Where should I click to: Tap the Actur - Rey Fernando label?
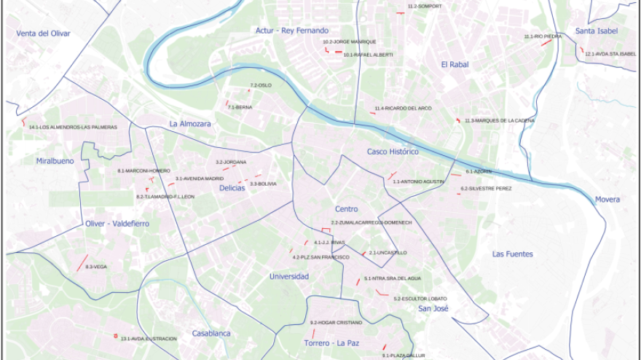[x=292, y=31]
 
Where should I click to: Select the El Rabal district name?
[x=454, y=64]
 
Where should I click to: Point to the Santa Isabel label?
[x=596, y=31]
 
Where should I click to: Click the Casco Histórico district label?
[x=393, y=152]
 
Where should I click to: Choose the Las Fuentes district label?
[x=512, y=254]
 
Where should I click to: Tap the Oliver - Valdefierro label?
[x=117, y=224]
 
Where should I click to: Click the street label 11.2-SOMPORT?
[x=425, y=7]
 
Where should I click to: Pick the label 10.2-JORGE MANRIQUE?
[x=350, y=42]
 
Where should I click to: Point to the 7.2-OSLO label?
[x=261, y=85]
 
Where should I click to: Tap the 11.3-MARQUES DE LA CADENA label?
[x=500, y=120]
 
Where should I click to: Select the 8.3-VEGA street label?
[x=95, y=267]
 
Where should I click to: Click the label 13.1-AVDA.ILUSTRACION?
[x=149, y=339]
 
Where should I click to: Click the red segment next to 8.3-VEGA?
[x=82, y=262]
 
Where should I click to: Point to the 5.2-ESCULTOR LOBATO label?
[x=420, y=299]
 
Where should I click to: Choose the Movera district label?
[x=607, y=199]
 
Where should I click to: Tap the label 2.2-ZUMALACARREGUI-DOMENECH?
[x=371, y=222]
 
